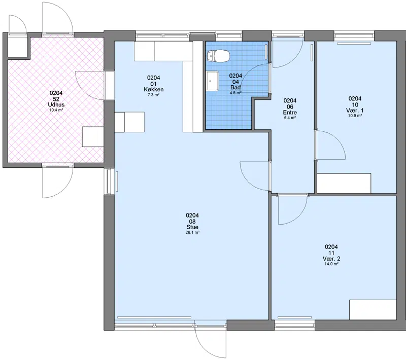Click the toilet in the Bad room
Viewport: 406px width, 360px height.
tap(218, 56)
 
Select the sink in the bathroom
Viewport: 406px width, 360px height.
tap(213, 81)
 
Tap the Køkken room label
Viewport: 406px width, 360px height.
tap(154, 89)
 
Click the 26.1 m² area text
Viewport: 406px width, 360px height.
tap(192, 233)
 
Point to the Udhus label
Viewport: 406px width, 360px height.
tap(56, 105)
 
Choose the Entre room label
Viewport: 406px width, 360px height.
tap(290, 113)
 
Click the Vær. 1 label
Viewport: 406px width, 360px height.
tap(355, 111)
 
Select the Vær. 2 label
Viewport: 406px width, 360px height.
tap(331, 259)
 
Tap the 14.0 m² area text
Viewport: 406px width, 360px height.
tap(331, 264)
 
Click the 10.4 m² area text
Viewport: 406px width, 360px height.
tap(56, 110)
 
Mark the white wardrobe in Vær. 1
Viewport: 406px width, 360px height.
tap(344, 183)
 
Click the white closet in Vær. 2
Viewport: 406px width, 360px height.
tap(373, 310)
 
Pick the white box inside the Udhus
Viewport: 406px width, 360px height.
tap(93, 137)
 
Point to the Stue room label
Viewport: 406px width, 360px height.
tap(192, 227)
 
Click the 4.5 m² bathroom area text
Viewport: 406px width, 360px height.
tap(235, 93)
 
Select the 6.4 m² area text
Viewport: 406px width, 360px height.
tap(290, 118)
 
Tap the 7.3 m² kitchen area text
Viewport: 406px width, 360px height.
tap(154, 95)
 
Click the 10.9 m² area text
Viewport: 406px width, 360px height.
tap(355, 116)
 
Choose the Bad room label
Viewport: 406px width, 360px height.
tap(235, 87)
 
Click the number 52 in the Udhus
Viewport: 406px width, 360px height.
tap(56, 99)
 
